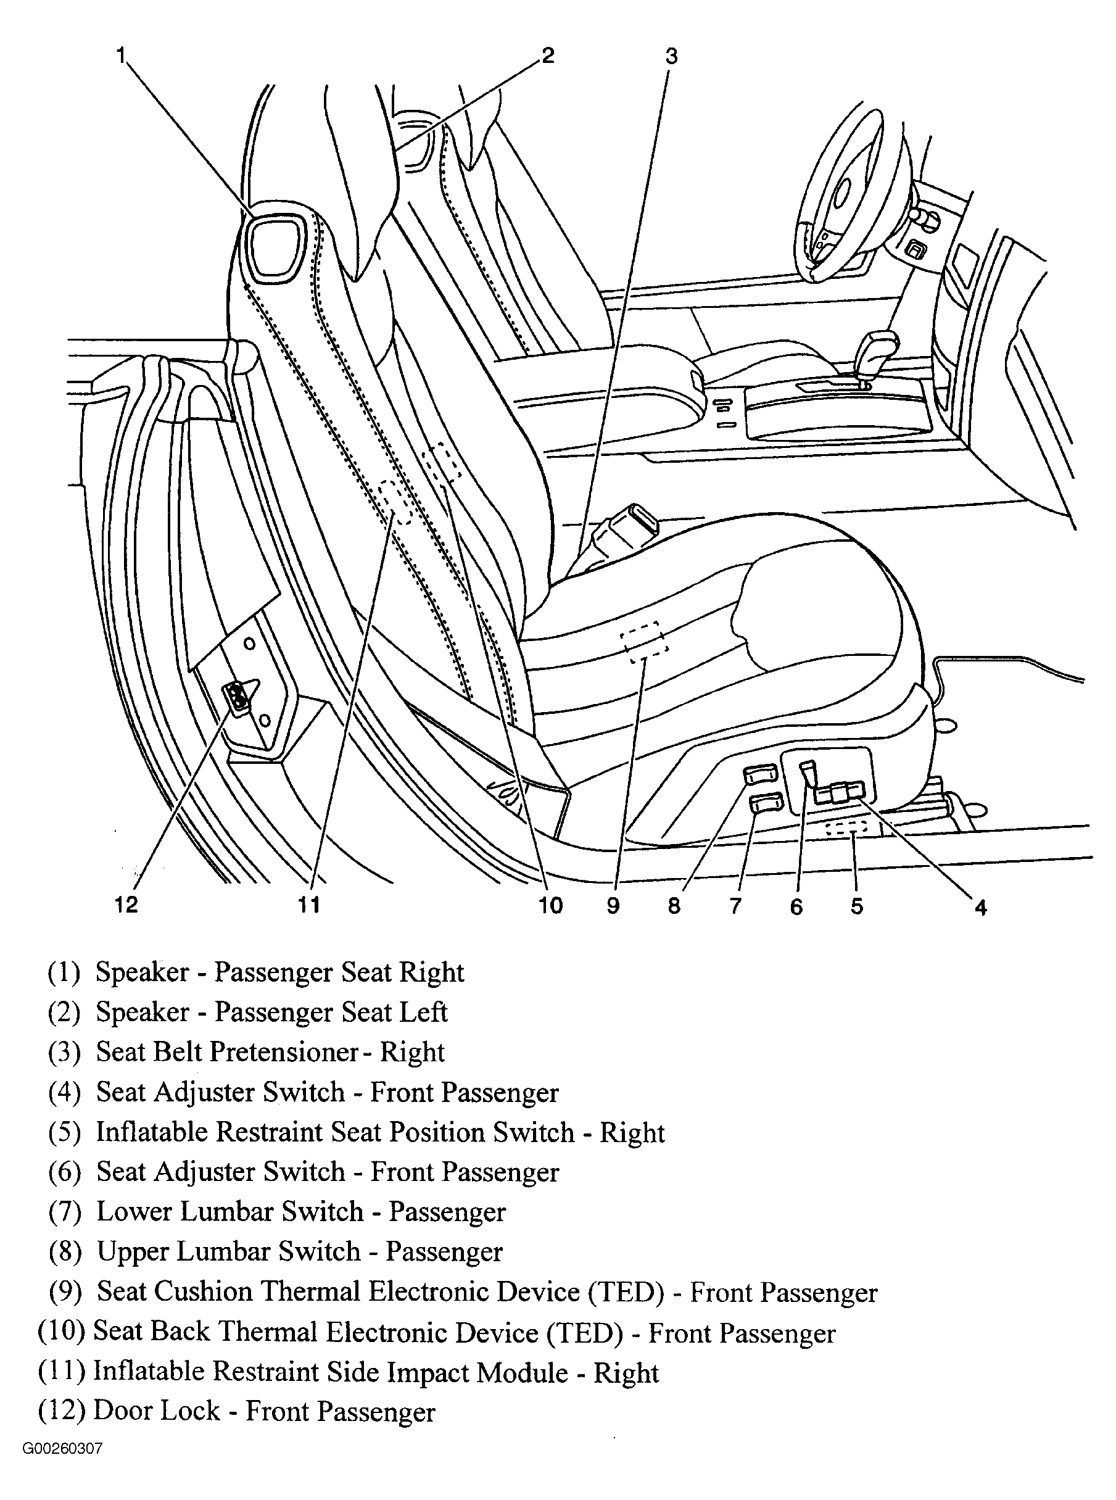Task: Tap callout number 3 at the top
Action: tap(671, 56)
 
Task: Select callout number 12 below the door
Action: tap(126, 904)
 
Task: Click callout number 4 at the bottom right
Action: tap(981, 908)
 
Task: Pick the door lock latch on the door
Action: tap(236, 698)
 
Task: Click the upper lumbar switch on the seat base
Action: tap(760, 774)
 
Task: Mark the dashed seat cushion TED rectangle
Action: tap(645, 642)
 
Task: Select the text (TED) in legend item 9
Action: tap(626, 1291)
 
